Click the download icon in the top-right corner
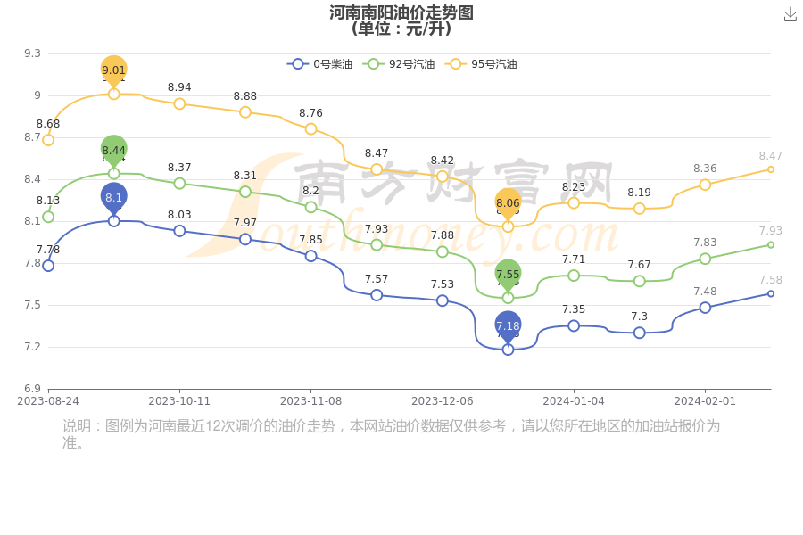click(x=790, y=14)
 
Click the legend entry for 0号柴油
click(x=320, y=64)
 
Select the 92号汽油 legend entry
click(x=401, y=64)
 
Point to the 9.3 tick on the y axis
click(x=32, y=53)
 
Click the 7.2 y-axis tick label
click(x=32, y=347)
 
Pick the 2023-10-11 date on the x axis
click(x=179, y=401)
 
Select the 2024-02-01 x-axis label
click(x=705, y=401)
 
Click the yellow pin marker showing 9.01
click(x=113, y=70)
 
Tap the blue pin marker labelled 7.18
click(x=508, y=326)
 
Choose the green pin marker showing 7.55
click(x=508, y=275)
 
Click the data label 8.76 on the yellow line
click(x=310, y=113)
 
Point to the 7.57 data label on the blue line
click(x=377, y=279)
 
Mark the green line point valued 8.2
click(x=310, y=207)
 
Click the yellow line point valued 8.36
click(x=705, y=185)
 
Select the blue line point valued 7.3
click(x=640, y=333)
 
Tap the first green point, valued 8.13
click(x=48, y=217)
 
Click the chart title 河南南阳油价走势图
click(x=401, y=12)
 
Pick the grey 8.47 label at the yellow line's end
click(x=770, y=156)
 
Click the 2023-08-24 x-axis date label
click(x=48, y=401)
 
